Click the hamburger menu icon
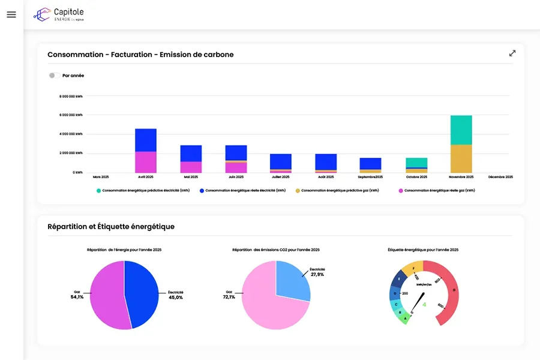tap(11, 14)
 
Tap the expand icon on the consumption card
tap(512, 53)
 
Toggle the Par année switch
tap(55, 76)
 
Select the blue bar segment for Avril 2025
tap(146, 140)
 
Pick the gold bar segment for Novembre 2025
tap(461, 158)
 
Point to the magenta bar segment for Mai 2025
tap(191, 167)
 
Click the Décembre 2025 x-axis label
tap(500, 177)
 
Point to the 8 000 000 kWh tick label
tap(71, 96)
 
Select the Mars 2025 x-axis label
tap(101, 177)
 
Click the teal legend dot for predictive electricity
tap(98, 190)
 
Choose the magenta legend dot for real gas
tap(400, 190)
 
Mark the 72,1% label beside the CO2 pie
tap(229, 297)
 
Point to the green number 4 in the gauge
tap(425, 304)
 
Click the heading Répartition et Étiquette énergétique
tap(111, 226)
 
